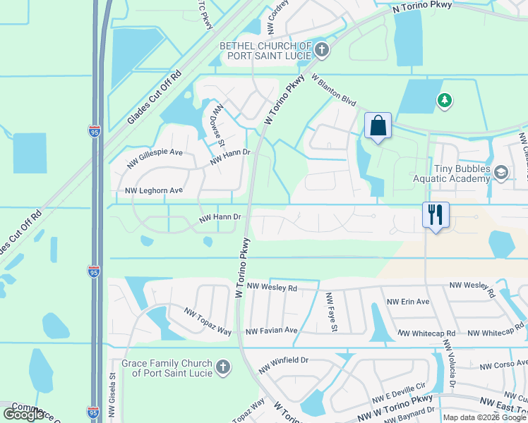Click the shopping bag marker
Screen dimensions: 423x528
click(378, 126)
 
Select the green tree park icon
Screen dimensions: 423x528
click(445, 102)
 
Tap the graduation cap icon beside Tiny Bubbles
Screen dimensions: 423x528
click(501, 173)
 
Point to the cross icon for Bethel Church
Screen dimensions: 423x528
click(322, 49)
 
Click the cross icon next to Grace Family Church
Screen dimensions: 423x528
click(222, 367)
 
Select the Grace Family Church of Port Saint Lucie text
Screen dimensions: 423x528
click(167, 367)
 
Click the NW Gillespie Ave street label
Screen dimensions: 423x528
click(155, 158)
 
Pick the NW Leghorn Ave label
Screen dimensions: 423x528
click(154, 191)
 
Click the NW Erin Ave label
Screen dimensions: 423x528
click(408, 302)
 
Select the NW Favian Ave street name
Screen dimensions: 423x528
click(272, 331)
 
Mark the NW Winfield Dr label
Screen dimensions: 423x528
click(284, 360)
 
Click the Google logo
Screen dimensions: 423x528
click(23, 415)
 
